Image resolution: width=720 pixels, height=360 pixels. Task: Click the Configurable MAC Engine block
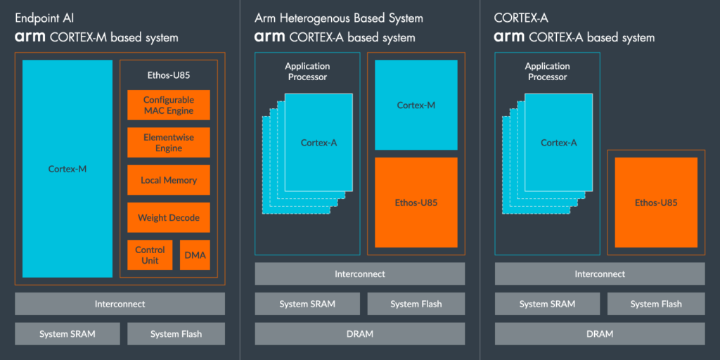click(169, 105)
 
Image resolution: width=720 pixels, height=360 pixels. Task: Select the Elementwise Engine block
click(169, 143)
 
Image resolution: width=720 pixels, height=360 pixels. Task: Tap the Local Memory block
click(169, 180)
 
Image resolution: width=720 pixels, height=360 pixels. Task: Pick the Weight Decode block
click(169, 217)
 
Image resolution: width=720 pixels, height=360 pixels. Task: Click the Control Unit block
click(150, 255)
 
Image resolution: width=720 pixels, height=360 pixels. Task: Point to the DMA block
click(195, 255)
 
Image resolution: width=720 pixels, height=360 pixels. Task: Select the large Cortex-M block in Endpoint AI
click(67, 169)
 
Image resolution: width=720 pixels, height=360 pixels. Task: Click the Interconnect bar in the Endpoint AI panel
click(120, 304)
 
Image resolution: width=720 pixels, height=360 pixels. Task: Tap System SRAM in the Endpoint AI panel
click(67, 334)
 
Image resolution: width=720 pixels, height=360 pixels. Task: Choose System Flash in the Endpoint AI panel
click(176, 334)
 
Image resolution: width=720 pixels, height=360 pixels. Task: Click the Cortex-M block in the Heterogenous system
click(416, 105)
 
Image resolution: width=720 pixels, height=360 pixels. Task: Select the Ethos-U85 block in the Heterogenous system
click(416, 202)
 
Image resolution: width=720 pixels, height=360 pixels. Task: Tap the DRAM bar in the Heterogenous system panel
click(359, 333)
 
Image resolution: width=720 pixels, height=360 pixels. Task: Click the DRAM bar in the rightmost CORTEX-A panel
click(600, 333)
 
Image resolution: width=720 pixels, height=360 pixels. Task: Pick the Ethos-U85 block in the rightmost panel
click(656, 202)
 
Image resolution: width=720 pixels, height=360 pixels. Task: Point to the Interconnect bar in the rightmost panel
click(600, 274)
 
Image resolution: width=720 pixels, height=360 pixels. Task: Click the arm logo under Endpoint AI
click(30, 38)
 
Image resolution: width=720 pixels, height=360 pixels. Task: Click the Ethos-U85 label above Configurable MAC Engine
click(169, 74)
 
